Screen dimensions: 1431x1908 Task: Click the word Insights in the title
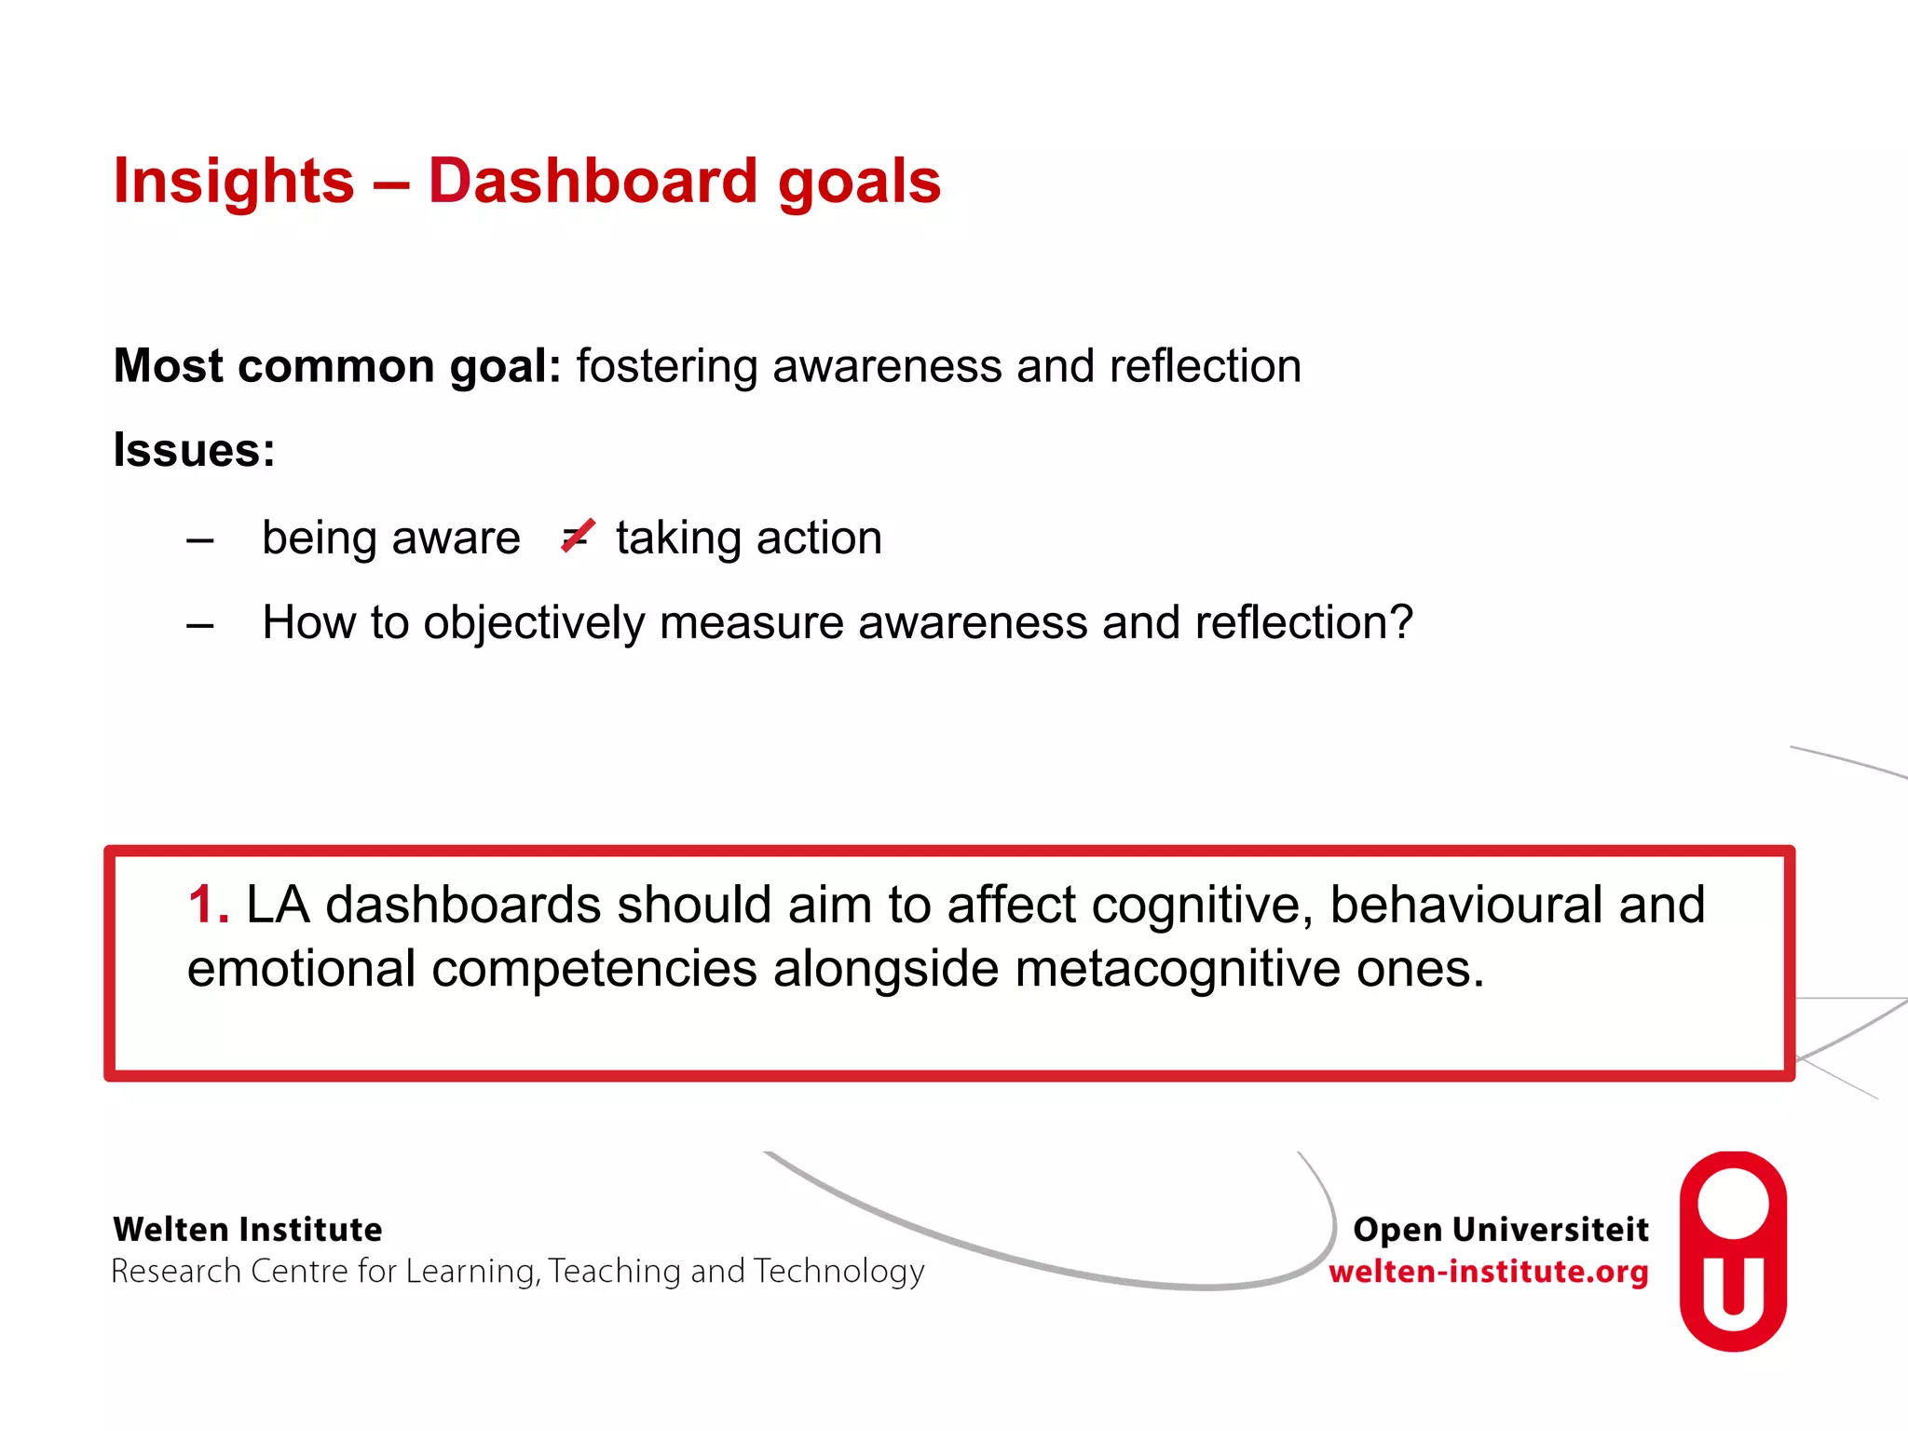233,182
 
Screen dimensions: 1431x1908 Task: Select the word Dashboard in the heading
593,182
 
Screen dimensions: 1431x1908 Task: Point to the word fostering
667,366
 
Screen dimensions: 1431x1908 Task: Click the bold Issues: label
194,451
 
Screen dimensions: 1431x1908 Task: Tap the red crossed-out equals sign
578,537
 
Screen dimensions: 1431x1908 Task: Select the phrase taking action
748,538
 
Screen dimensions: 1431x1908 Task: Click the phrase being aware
390,538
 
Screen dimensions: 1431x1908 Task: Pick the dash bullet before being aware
200,539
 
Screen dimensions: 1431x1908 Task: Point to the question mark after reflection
1400,622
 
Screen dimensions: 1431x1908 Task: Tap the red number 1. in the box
208,905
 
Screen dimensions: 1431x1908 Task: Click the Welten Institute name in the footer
247,1230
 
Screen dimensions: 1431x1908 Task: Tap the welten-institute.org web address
1488,1272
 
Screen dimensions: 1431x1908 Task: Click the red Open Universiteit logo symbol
1732,1251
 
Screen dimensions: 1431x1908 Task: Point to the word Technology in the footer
838,1272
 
